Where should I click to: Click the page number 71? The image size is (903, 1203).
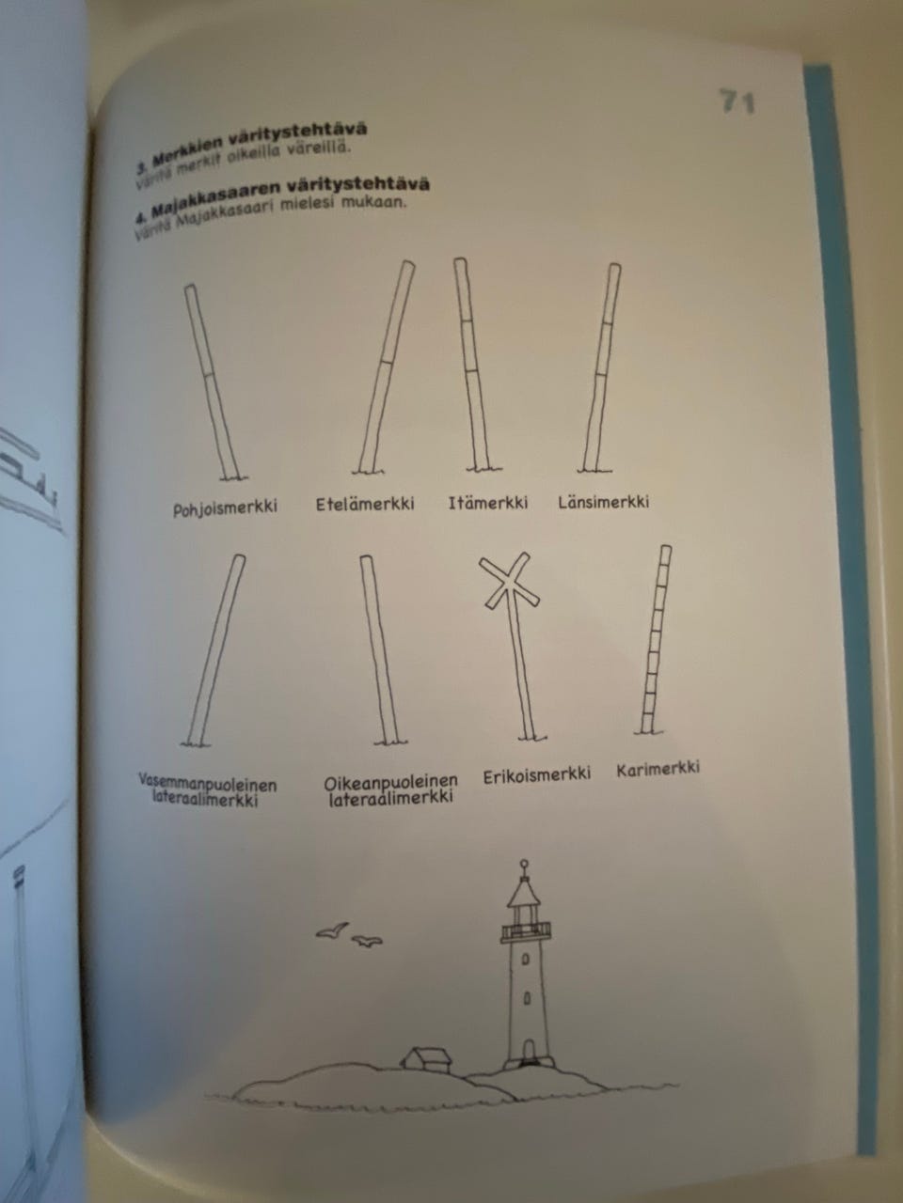click(737, 102)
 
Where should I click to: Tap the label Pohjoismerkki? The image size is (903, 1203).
click(225, 508)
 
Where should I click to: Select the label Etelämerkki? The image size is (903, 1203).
click(365, 504)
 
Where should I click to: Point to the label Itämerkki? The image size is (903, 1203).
click(487, 503)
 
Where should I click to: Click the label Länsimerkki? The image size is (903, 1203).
click(603, 502)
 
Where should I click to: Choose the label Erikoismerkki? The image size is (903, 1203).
click(537, 775)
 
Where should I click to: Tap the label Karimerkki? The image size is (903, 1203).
click(658, 769)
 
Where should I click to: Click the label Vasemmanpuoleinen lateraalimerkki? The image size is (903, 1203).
click(207, 791)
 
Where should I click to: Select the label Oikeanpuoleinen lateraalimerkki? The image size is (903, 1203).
click(390, 789)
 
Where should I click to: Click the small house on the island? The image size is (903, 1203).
click(427, 1058)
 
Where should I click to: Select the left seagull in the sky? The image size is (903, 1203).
click(331, 930)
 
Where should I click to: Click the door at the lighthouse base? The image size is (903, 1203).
click(528, 1050)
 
